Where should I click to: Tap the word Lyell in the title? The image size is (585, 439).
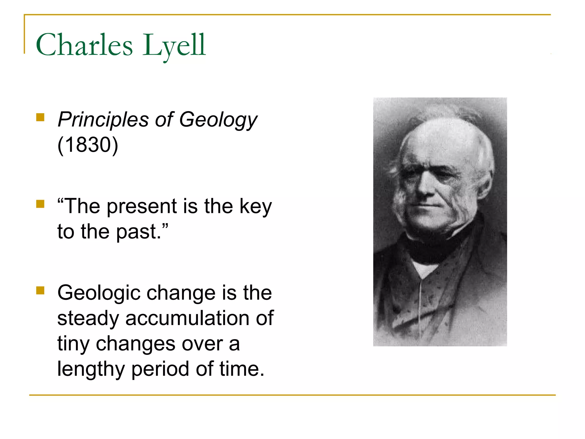[174, 45]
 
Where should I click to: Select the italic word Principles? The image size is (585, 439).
[103, 119]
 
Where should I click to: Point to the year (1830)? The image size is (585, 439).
[88, 145]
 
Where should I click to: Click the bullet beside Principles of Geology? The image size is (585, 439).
[40, 117]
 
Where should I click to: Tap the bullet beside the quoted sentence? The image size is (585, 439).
[40, 204]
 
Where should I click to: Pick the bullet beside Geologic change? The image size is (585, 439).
[40, 291]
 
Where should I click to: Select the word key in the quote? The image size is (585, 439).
[256, 206]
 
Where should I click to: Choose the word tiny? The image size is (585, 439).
[73, 344]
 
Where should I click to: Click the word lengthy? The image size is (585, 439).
[91, 369]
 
